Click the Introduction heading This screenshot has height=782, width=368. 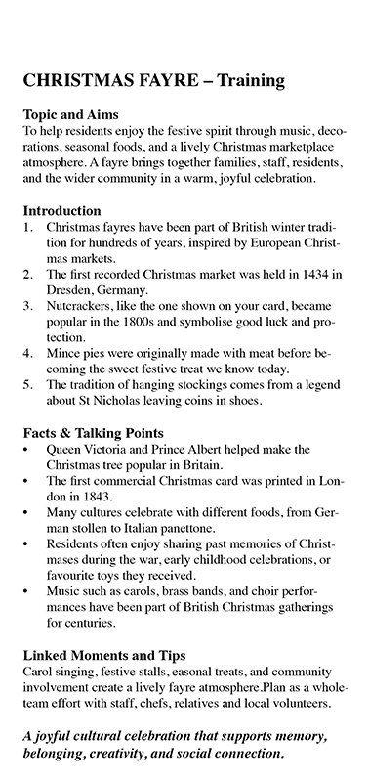pyautogui.click(x=61, y=210)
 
